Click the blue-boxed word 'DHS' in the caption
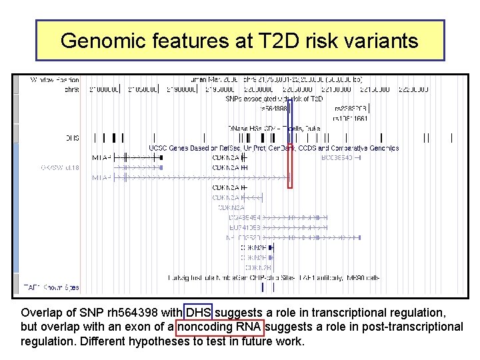click(199, 313)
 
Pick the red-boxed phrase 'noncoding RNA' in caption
click(220, 327)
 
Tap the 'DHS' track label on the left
click(72, 138)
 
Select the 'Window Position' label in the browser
click(55, 80)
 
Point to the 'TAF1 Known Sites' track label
click(51, 288)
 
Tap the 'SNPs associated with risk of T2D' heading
click(274, 99)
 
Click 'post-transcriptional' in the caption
click(413, 327)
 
